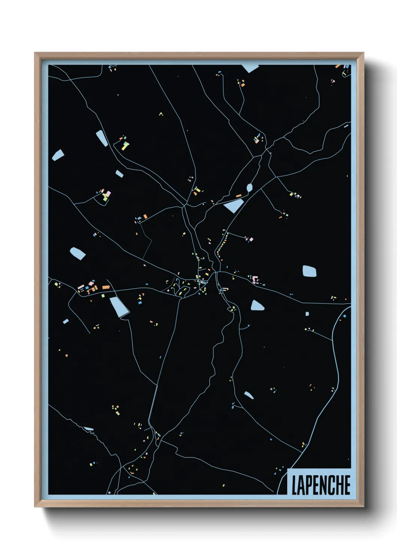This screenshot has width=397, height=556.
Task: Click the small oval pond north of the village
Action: [250, 187]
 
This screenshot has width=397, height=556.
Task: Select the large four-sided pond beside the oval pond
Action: [234, 205]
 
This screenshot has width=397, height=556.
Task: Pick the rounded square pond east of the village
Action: [310, 271]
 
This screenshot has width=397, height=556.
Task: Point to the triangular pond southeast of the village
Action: [257, 305]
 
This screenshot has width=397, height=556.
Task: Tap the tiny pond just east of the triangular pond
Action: [307, 314]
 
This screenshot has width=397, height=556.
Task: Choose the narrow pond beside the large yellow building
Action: [102, 138]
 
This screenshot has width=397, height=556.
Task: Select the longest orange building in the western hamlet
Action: [106, 287]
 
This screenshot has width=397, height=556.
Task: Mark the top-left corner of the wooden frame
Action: [35, 53]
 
